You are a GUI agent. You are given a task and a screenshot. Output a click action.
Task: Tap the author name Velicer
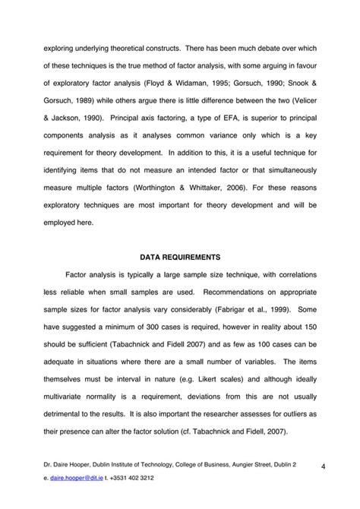302,101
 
